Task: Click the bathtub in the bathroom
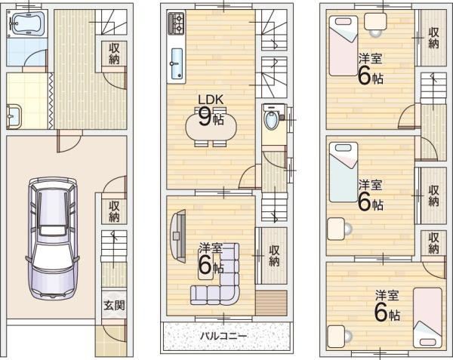click(27, 23)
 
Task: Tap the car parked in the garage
click(53, 238)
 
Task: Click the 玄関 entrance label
click(114, 306)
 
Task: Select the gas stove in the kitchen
click(176, 23)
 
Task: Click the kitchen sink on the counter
click(177, 64)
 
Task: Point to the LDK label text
click(211, 100)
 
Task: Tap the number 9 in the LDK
click(205, 117)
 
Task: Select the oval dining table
click(211, 127)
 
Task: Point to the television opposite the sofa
click(178, 236)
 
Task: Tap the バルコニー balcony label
click(224, 336)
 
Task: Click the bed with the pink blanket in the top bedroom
click(344, 45)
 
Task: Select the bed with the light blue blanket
click(344, 172)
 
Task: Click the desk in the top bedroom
click(375, 22)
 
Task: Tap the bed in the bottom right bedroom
click(427, 318)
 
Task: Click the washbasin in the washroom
click(14, 117)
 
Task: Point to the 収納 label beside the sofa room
click(274, 256)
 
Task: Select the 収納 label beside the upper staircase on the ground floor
click(114, 54)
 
